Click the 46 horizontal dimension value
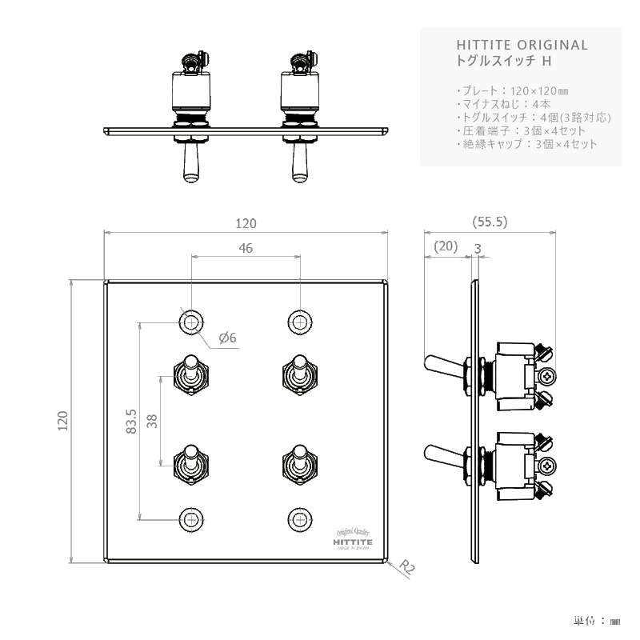click(x=246, y=249)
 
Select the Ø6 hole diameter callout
click(x=227, y=338)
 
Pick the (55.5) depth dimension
click(x=490, y=222)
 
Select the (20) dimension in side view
click(x=445, y=247)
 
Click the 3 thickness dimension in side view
click(x=478, y=249)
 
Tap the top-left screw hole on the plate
click(x=190, y=322)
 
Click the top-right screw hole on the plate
click(x=300, y=322)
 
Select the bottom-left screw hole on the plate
click(x=190, y=518)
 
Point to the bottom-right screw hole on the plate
click(x=300, y=518)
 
